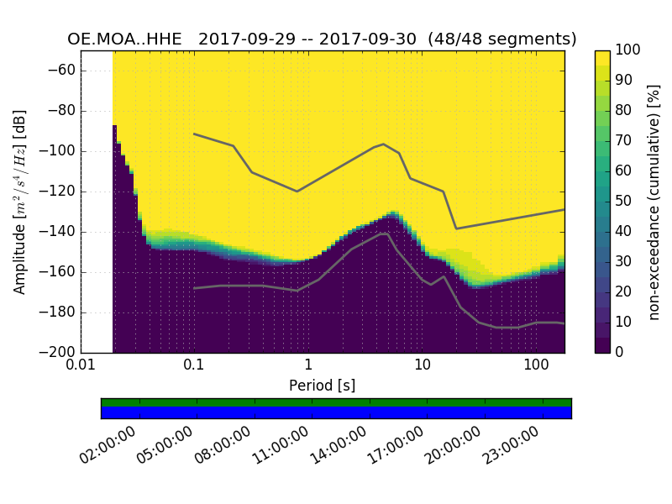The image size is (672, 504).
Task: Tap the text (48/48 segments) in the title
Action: tap(502, 39)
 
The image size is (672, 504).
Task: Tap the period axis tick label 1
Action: tap(308, 365)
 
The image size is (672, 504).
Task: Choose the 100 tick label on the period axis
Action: tap(536, 365)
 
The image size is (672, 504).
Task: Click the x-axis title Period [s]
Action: tap(322, 385)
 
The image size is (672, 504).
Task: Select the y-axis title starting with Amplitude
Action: tap(20, 202)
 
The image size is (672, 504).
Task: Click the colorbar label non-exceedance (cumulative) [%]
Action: tap(654, 202)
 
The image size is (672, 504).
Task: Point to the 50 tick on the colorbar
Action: tap(627, 202)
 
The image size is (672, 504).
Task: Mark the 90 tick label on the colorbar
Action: tap(627, 81)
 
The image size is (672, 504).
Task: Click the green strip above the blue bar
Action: tap(336, 402)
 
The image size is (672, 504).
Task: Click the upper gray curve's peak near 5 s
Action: tap(383, 144)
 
